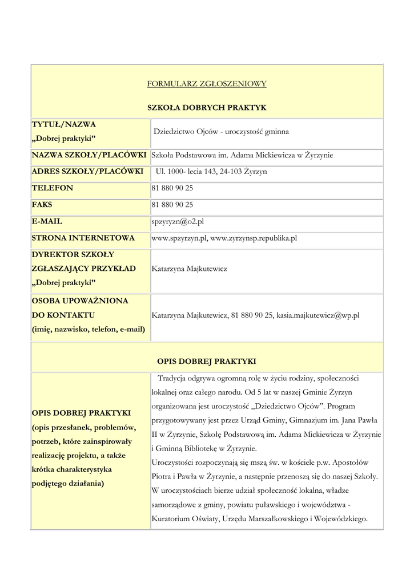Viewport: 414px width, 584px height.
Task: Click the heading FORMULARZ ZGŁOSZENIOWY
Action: pos(207,84)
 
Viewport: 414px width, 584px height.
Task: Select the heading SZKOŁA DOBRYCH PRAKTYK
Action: pos(207,107)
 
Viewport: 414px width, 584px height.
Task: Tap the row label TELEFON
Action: pos(53,188)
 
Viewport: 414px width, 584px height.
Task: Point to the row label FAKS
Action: pos(42,204)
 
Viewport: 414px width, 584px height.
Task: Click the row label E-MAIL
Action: pos(47,221)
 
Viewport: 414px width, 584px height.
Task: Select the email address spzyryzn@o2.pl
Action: pos(178,221)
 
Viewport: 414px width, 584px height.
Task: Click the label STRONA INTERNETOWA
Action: pos(83,238)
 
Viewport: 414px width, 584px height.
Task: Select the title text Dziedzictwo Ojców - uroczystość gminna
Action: pos(221,132)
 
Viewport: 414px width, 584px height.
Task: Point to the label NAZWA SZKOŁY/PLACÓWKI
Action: pos(90,155)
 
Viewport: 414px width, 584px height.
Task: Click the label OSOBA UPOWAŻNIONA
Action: pos(80,301)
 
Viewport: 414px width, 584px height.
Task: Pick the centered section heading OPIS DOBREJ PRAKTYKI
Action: pos(207,361)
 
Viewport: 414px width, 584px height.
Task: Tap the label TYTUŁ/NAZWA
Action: pos(64,124)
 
